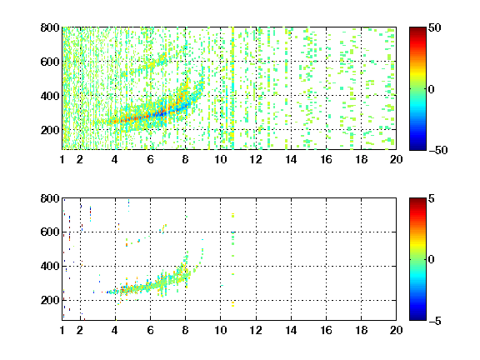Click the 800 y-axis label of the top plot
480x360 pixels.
[x=50, y=27]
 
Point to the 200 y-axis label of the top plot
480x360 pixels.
[x=50, y=130]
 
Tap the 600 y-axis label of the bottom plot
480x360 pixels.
[x=50, y=232]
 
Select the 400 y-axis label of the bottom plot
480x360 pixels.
[x=50, y=266]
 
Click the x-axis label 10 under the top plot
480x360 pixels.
[x=220, y=159]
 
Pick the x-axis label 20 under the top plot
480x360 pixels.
[x=396, y=159]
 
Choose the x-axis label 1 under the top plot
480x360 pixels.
[x=62, y=159]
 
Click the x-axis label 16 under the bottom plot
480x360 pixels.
[x=326, y=330]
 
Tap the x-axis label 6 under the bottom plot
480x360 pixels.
[x=150, y=330]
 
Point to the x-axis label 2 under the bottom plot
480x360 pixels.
[x=80, y=330]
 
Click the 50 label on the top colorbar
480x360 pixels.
[x=434, y=27]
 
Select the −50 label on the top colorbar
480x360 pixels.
[x=438, y=150]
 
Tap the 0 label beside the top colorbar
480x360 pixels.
[x=432, y=89]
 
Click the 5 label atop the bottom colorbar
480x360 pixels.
[x=432, y=198]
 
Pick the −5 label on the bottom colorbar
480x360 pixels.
[x=435, y=321]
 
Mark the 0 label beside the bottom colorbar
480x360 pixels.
[x=432, y=260]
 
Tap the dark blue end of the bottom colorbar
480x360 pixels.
[x=417, y=318]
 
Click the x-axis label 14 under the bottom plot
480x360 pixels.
[x=291, y=330]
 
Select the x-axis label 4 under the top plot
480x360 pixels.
[x=115, y=159]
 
